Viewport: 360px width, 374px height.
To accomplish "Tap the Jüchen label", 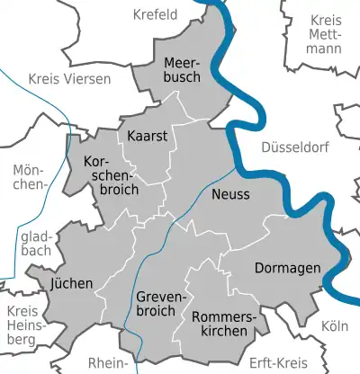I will (73, 283).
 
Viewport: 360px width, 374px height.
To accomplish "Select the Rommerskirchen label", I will (224, 324).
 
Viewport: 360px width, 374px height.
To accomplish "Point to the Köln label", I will (333, 325).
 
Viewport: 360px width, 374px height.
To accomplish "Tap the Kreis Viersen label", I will (69, 79).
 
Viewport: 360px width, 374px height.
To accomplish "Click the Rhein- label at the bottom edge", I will (110, 363).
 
